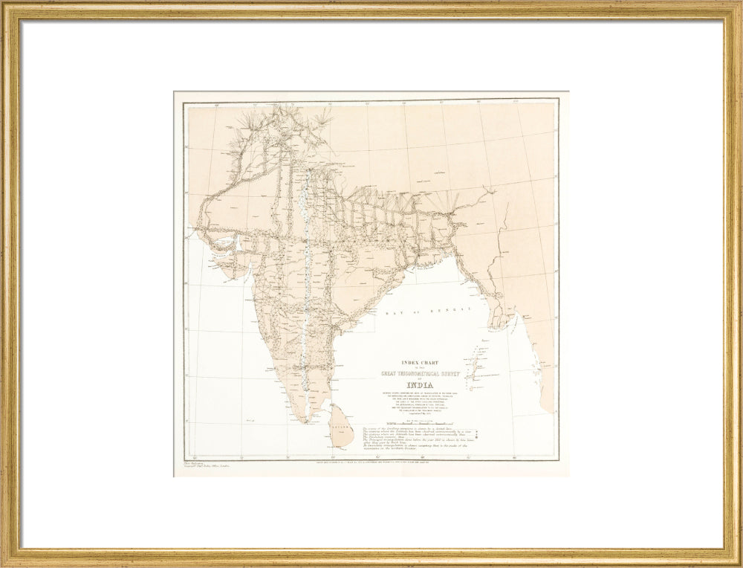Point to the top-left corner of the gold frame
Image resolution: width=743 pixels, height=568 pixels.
[6, 6]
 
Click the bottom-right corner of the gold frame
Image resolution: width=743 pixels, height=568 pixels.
[737, 562]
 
